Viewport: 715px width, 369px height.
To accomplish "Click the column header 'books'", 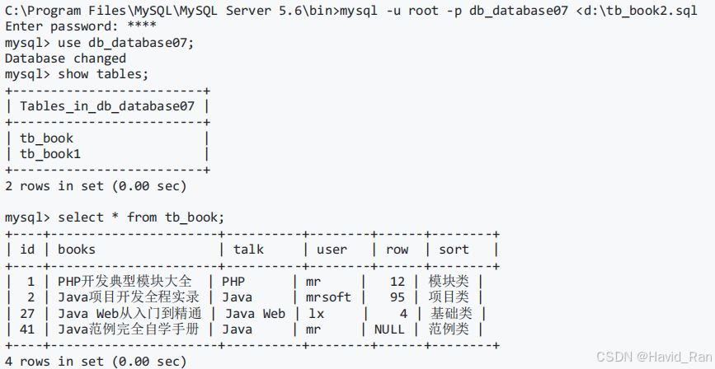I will pyautogui.click(x=77, y=250).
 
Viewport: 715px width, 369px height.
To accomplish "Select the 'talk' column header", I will pyautogui.click(x=248, y=250).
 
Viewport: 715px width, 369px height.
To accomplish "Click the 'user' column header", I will pyautogui.click(x=332, y=250).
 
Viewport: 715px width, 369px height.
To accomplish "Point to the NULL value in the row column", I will pyautogui.click(x=389, y=329).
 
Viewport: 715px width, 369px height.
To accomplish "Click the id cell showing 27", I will pyautogui.click(x=28, y=313).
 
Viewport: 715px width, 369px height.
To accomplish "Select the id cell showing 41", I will pyautogui.click(x=28, y=329).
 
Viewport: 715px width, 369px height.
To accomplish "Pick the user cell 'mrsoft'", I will pyautogui.click(x=328, y=297).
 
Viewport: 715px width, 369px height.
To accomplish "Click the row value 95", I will pyautogui.click(x=397, y=297).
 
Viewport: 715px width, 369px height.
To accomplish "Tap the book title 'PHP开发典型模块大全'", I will pyautogui.click(x=125, y=282).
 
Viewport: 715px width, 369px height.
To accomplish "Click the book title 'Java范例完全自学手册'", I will pyautogui.click(x=129, y=329).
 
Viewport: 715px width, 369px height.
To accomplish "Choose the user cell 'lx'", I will pyautogui.click(x=317, y=313).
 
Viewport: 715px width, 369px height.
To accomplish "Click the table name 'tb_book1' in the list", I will pyautogui.click(x=50, y=154).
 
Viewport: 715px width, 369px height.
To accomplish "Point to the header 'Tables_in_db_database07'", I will pyautogui.click(x=107, y=106).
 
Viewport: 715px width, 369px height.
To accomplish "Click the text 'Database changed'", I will pyautogui.click(x=65, y=58).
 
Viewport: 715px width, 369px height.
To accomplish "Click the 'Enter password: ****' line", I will pyautogui.click(x=65, y=26).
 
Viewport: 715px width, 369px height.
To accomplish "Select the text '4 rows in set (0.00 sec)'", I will pyautogui.click(x=96, y=362).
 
